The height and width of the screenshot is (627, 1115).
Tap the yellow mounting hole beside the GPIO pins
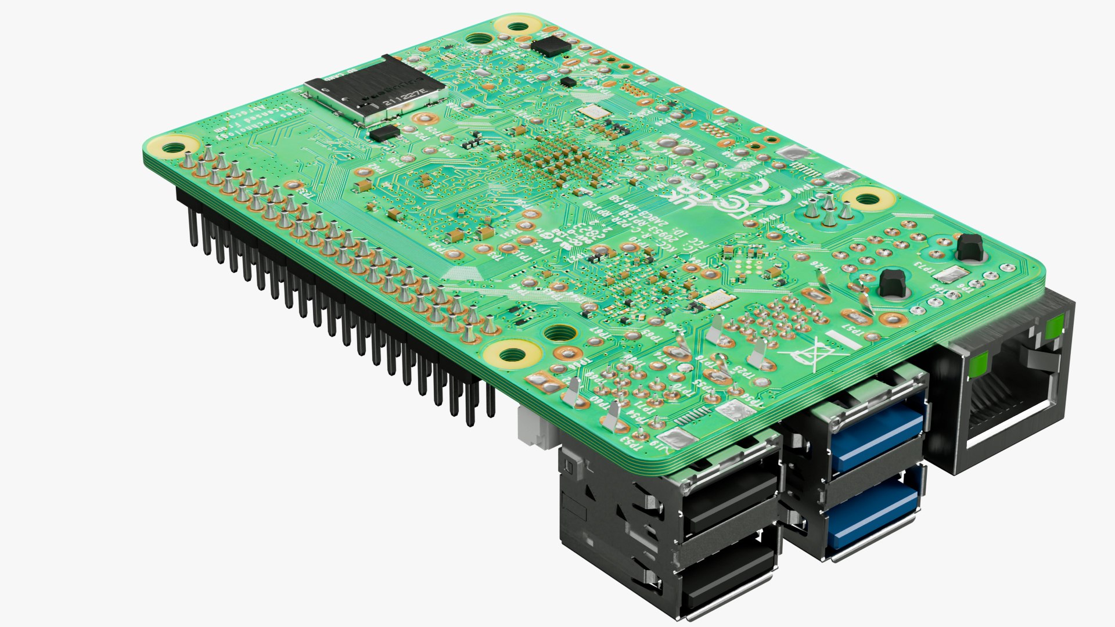click(172, 146)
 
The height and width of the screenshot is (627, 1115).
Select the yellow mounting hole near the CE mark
click(866, 199)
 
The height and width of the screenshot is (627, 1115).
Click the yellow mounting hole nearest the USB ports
click(512, 353)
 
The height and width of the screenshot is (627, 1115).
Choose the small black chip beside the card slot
click(384, 133)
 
